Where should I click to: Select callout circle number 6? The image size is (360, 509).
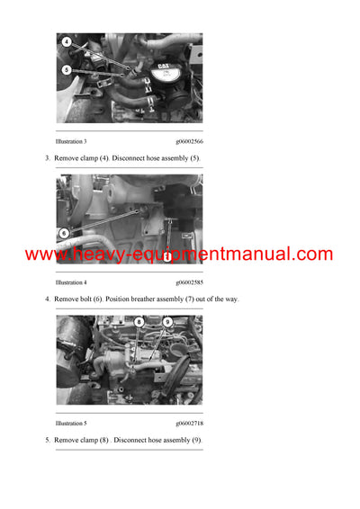[64, 233]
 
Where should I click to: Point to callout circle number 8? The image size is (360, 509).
[139, 321]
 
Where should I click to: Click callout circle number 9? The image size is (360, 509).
[167, 321]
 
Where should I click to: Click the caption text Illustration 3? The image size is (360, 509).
[71, 141]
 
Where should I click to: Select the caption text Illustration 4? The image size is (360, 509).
[71, 282]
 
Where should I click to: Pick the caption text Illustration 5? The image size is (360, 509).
[71, 423]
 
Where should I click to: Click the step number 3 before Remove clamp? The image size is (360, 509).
[48, 158]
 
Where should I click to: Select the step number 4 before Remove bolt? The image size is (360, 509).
[48, 299]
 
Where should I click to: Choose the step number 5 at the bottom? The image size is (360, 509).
[48, 440]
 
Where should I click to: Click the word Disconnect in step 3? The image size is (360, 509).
[135, 158]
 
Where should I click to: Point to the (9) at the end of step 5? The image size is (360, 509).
[196, 440]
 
